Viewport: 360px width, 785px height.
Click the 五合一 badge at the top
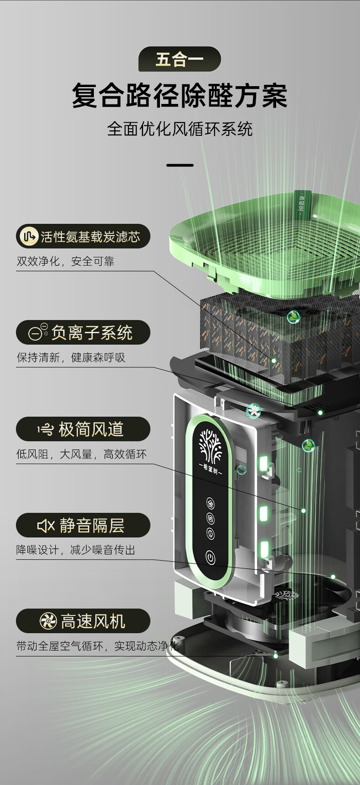coord(180,59)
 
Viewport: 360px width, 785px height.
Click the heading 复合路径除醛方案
coord(180,96)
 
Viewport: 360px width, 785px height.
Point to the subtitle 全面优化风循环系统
coord(180,129)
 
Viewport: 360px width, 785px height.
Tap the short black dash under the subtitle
coord(180,165)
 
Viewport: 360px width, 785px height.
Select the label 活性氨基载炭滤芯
coord(90,237)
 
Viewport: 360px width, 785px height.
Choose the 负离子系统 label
coord(92,333)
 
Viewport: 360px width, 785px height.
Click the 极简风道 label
coord(91,429)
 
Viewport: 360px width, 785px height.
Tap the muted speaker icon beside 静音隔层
coord(46,526)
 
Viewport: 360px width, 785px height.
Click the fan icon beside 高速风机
coord(48,621)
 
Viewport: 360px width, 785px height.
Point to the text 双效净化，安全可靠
coord(65,261)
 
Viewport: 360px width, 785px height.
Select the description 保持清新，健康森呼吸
coord(71,357)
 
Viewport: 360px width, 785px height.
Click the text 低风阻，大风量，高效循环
coord(82,454)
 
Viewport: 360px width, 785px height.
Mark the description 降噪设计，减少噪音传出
coord(76,550)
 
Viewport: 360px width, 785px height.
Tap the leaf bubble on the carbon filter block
coord(293,316)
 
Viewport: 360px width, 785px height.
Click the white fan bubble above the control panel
coord(253,411)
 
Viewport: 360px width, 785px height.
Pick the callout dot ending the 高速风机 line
coord(275,656)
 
